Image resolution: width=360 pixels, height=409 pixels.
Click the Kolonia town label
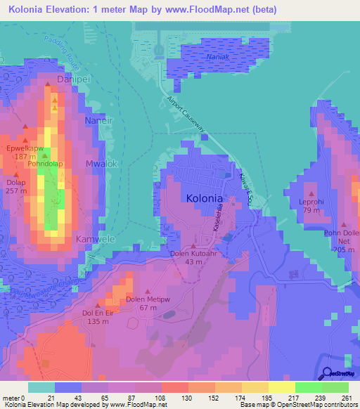click(205, 199)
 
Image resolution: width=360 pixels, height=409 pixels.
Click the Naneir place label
click(98, 121)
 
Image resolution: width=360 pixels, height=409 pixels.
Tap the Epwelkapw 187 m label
click(25, 153)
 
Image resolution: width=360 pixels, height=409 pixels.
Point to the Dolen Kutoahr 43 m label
click(194, 257)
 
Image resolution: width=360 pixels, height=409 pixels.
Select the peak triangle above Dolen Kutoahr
click(194, 245)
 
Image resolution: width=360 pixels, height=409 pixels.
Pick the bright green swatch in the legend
click(308, 387)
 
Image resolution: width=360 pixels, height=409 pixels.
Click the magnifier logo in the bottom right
click(326, 373)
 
